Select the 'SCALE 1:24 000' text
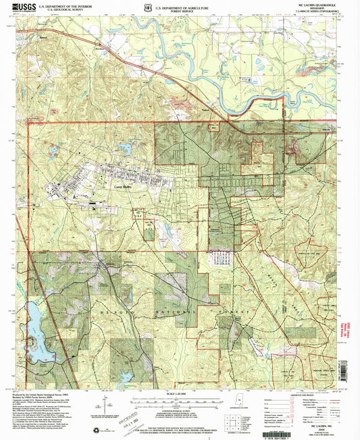coord(180,393)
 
